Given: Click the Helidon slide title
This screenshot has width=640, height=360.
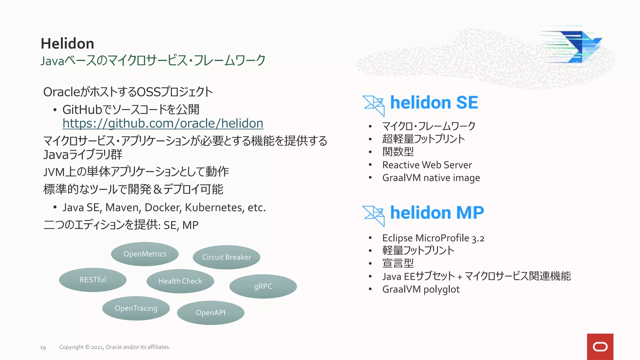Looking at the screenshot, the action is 67,43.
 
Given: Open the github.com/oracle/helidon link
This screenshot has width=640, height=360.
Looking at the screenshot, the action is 163,123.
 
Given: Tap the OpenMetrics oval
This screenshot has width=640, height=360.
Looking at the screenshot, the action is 145,254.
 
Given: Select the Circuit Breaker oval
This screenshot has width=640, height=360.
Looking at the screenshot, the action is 227,257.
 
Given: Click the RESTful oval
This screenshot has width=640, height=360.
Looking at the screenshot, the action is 93,280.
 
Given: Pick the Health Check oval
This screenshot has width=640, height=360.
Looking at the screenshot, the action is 180,281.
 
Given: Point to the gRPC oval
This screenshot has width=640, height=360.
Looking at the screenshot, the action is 263,286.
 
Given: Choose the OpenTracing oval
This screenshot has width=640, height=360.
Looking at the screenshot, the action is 136,308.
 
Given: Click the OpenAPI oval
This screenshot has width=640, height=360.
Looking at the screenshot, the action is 210,312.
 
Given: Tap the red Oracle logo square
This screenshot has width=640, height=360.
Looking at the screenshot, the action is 600,347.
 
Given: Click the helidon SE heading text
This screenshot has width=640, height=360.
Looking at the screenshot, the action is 434,103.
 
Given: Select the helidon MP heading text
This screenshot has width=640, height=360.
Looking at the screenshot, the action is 437,213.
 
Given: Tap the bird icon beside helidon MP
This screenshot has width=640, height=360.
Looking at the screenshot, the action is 374,215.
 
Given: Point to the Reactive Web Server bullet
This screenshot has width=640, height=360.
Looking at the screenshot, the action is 427,165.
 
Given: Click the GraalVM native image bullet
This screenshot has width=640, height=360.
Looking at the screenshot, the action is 431,178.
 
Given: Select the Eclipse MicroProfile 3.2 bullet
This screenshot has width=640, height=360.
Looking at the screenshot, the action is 433,238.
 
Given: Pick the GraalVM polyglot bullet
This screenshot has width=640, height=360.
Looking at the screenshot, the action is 421,289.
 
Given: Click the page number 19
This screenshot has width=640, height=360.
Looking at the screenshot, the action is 43,347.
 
